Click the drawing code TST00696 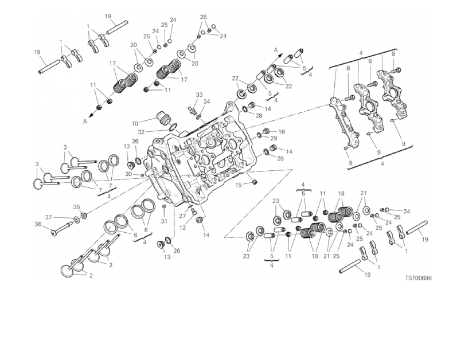(417, 278)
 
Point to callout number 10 (135, 123)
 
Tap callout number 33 (199, 95)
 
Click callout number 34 (207, 101)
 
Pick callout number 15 (237, 185)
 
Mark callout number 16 (282, 132)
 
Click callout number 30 (128, 174)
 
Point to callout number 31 (163, 221)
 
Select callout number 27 (183, 216)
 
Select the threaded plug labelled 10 (164, 120)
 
